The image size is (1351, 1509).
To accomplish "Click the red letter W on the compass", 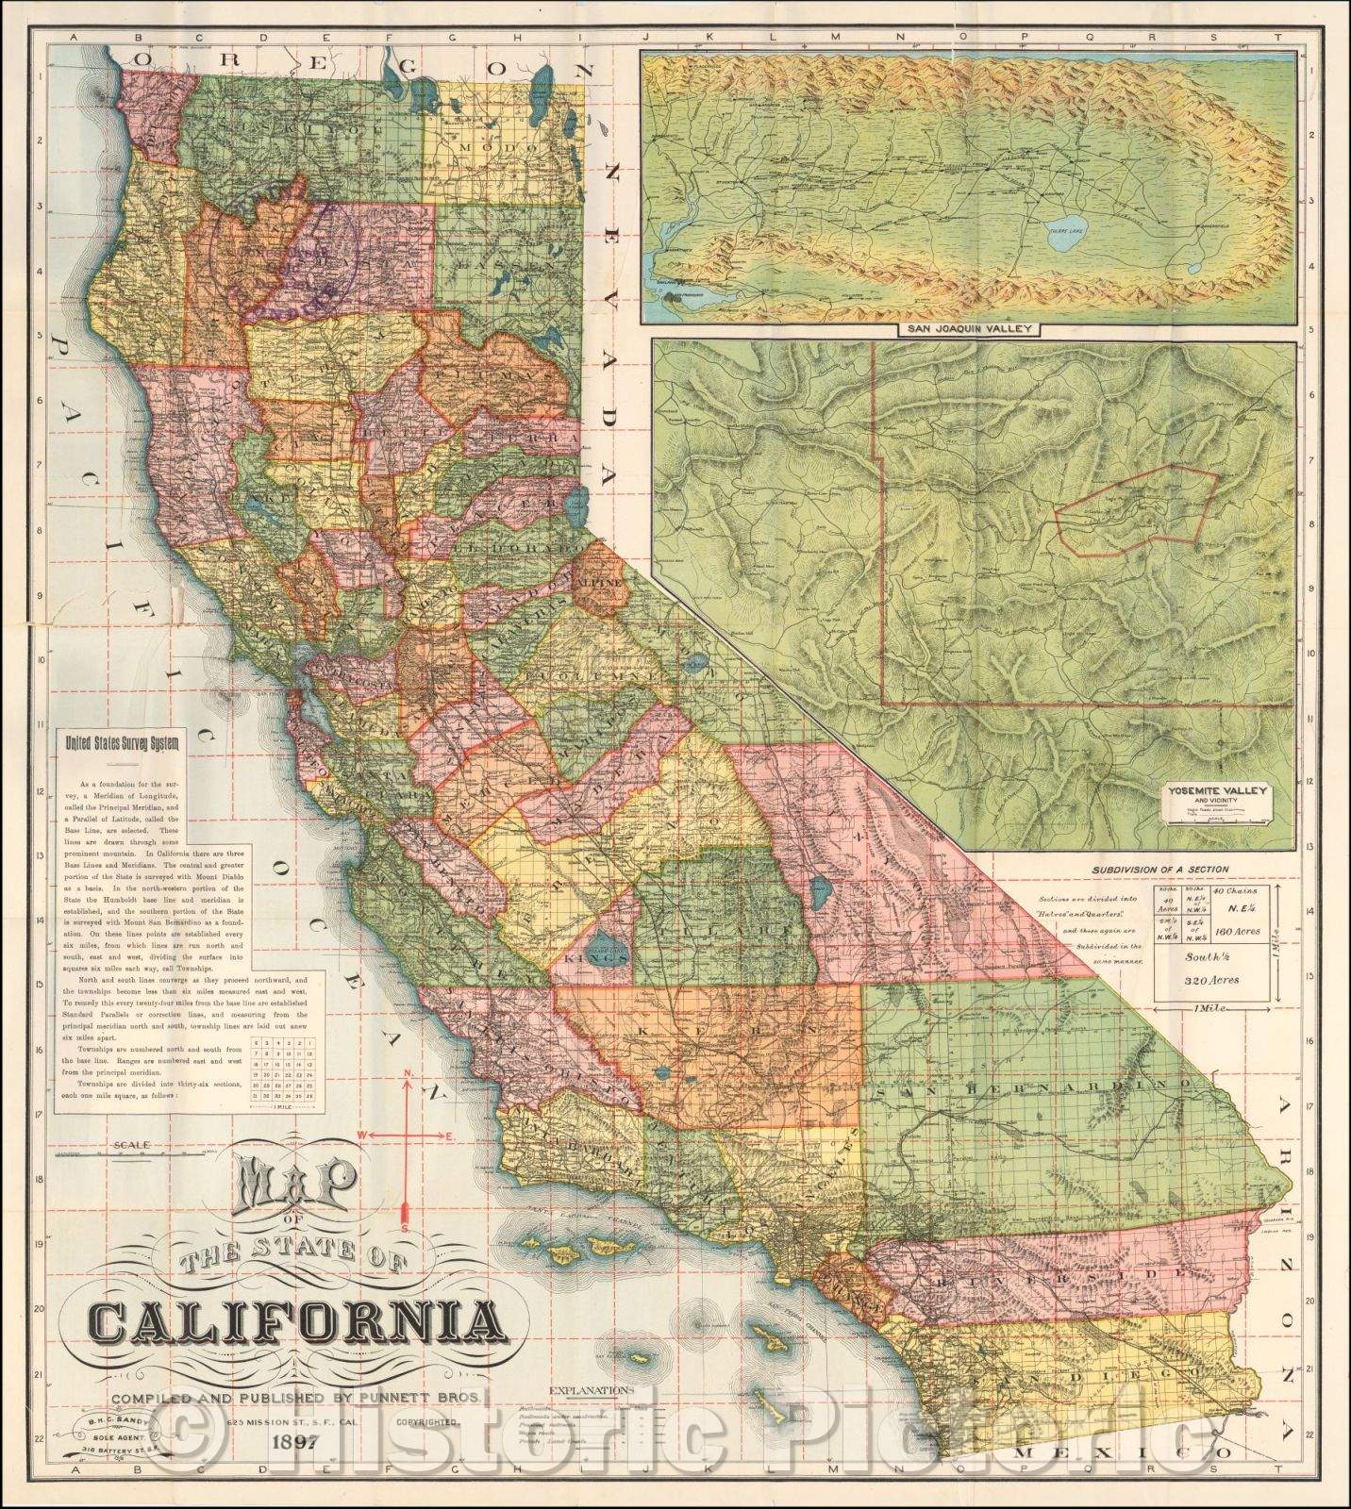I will [361, 1134].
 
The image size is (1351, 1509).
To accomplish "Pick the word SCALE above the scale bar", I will [130, 1146].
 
